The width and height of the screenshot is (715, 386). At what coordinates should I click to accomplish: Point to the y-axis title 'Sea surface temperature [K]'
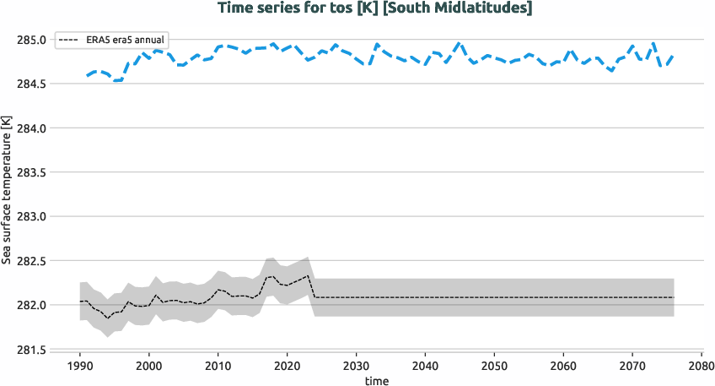pyautogui.click(x=7, y=190)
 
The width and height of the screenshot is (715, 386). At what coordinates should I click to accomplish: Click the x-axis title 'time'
pyautogui.click(x=377, y=381)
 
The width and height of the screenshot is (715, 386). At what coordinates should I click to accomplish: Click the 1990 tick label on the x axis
pyautogui.click(x=80, y=366)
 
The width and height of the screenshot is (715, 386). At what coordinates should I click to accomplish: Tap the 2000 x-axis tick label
pyautogui.click(x=149, y=366)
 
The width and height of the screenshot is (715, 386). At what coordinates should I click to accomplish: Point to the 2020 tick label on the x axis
pyautogui.click(x=288, y=366)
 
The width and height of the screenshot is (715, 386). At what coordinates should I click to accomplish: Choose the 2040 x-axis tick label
pyautogui.click(x=426, y=366)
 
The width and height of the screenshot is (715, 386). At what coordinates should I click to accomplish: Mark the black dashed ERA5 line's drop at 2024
pyautogui.click(x=312, y=286)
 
